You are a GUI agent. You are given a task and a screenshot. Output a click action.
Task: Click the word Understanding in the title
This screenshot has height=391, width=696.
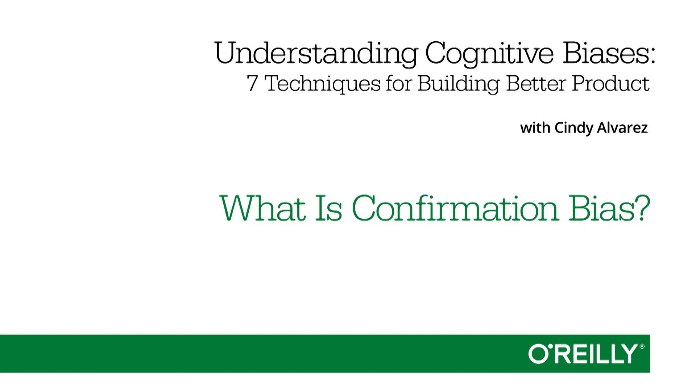(x=316, y=54)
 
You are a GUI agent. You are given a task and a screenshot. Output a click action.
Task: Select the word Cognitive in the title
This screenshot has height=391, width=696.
(x=489, y=54)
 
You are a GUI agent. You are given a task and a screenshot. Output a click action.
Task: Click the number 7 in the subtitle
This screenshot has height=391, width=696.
(x=252, y=83)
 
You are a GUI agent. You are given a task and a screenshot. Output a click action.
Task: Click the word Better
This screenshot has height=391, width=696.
(x=536, y=83)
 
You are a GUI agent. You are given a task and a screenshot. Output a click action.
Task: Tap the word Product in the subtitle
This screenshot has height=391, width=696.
(x=610, y=83)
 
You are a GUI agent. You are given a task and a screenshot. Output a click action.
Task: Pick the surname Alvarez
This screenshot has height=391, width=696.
(x=622, y=128)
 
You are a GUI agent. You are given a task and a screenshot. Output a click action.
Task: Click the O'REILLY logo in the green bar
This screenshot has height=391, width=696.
(x=583, y=354)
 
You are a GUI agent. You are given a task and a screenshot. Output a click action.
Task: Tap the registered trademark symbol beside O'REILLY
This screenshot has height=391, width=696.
(x=642, y=346)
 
